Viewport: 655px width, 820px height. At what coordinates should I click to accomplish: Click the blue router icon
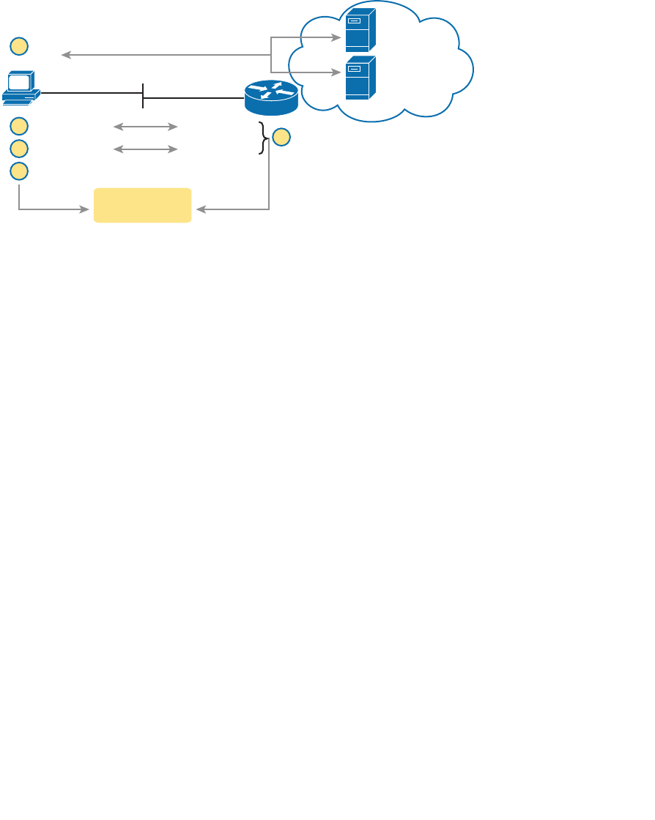[271, 97]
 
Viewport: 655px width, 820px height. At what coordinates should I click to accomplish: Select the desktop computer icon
[21, 88]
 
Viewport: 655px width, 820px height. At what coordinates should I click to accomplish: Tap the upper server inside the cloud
[360, 31]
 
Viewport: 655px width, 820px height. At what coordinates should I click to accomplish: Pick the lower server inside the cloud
[360, 78]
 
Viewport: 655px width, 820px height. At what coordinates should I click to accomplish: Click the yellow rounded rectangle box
[143, 205]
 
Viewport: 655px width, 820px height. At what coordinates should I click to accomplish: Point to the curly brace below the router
[263, 138]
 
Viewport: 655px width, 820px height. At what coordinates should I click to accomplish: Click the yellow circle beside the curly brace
[281, 137]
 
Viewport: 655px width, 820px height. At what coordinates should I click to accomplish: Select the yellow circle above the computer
[19, 46]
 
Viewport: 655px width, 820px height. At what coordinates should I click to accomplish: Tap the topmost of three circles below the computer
[19, 126]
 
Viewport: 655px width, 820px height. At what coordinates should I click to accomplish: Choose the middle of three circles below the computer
[19, 149]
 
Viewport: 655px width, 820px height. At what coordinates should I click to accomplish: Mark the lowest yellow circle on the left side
[19, 171]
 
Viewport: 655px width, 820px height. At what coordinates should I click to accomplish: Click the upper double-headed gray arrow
[146, 127]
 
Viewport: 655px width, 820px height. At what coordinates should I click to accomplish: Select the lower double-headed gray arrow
[146, 149]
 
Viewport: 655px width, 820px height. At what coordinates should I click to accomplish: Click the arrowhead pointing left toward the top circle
[66, 55]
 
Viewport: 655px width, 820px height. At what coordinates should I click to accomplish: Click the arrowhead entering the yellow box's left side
[84, 209]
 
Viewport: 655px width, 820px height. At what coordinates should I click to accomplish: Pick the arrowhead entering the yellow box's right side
[201, 209]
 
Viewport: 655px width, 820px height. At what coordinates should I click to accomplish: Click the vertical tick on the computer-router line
[143, 96]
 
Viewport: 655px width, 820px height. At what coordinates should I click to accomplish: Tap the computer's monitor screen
[18, 81]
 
